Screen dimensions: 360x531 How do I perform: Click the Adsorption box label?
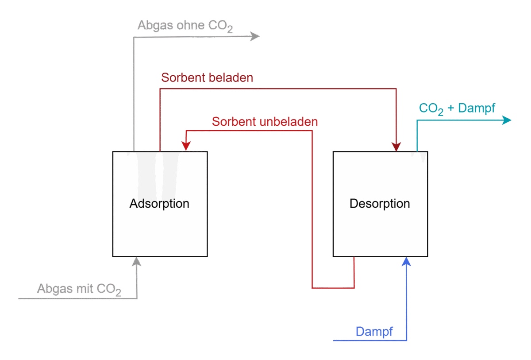pos(159,204)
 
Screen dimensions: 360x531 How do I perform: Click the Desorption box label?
pos(380,204)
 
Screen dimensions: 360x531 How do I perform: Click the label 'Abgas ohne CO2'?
pos(185,26)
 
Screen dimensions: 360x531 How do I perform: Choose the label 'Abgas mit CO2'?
pos(79,290)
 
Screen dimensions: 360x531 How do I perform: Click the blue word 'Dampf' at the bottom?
pos(374,332)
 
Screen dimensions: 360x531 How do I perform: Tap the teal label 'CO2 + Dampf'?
pos(457,108)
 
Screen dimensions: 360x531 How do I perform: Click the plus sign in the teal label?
pos(451,108)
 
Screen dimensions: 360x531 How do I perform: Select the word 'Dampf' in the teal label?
pos(477,108)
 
